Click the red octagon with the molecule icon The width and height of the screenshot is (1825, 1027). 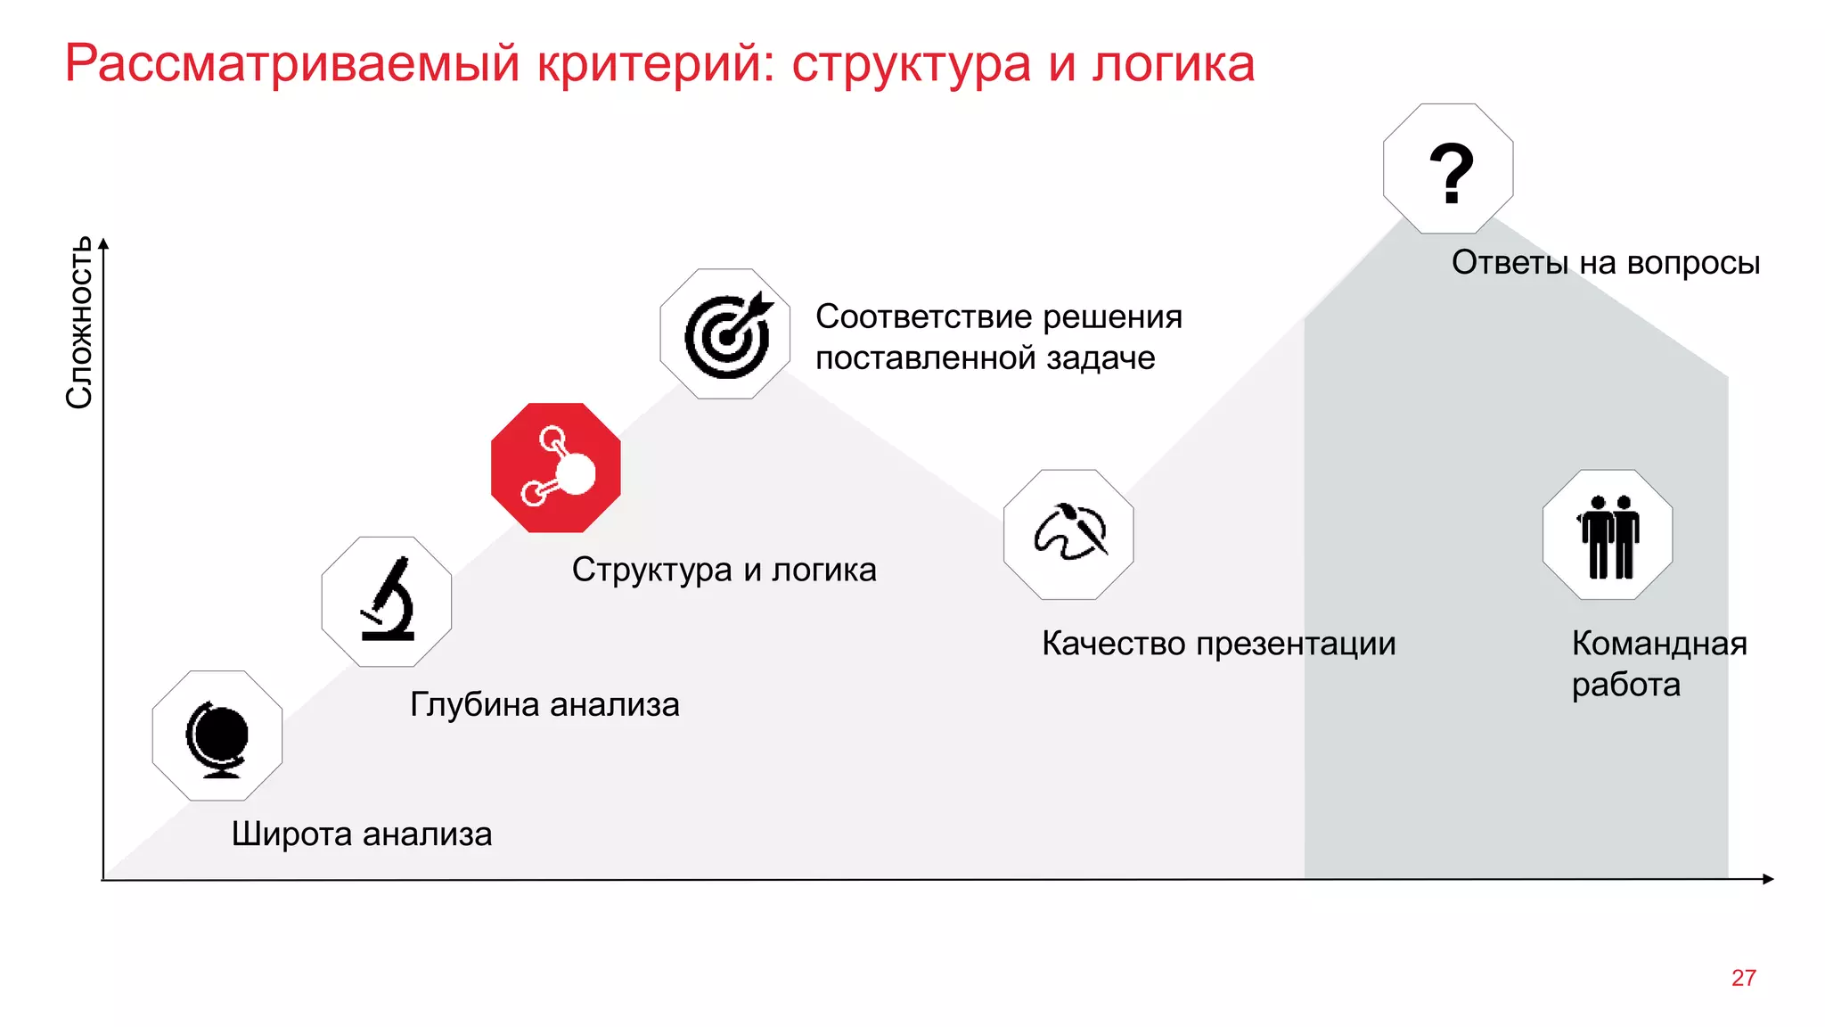click(x=555, y=467)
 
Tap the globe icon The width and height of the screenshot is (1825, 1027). click(x=217, y=736)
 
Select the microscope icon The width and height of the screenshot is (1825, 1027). click(x=387, y=602)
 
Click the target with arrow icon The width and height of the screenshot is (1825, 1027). click(x=725, y=334)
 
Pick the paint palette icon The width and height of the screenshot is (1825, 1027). click(x=1069, y=534)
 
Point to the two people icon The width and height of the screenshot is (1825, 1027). click(x=1608, y=535)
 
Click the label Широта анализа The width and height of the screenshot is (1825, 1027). click(x=362, y=834)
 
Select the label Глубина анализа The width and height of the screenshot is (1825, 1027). click(x=544, y=704)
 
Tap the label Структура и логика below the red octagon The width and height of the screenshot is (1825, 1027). click(x=724, y=570)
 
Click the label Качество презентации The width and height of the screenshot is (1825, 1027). click(x=1218, y=644)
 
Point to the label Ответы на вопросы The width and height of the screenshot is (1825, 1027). click(x=1605, y=263)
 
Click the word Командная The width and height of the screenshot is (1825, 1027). click(x=1658, y=644)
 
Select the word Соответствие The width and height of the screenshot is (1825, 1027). click(x=923, y=316)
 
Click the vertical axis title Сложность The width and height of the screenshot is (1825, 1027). click(x=79, y=323)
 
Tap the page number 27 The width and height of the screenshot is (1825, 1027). click(x=1743, y=978)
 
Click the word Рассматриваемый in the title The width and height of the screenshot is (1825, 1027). click(x=292, y=64)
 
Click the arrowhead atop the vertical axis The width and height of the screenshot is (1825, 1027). click(x=103, y=243)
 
